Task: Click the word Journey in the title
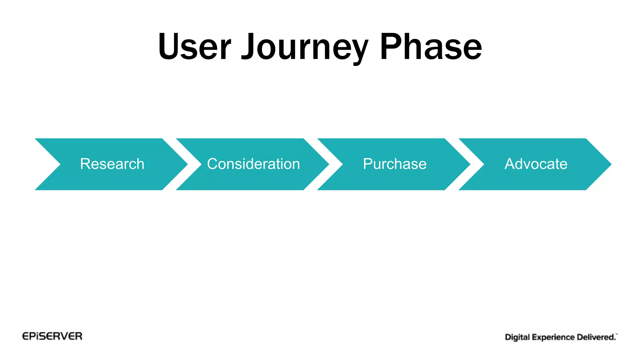coord(305,47)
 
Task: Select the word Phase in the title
coord(431,47)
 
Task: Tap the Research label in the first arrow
coord(112,164)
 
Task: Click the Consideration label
coord(253,164)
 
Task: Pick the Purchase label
coord(395,164)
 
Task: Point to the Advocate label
coord(536,164)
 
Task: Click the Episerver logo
coord(52,336)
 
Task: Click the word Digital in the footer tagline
coord(517,337)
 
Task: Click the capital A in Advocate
coord(510,164)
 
